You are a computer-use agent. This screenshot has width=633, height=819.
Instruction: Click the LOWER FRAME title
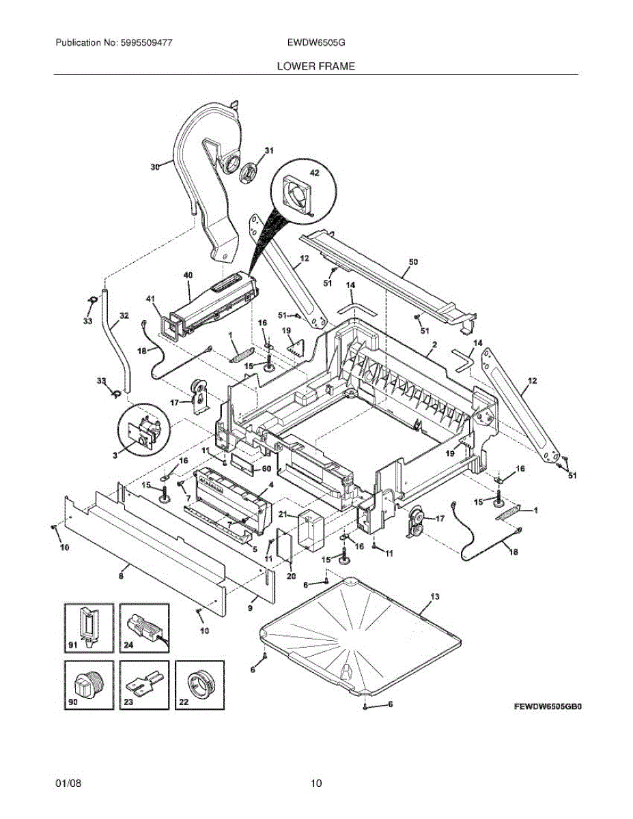[315, 66]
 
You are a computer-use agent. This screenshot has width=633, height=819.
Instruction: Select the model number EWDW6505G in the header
[316, 42]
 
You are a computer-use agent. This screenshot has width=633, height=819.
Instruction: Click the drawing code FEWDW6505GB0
[548, 707]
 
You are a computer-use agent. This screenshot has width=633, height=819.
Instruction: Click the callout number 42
[314, 173]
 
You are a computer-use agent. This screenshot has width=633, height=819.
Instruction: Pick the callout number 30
[155, 166]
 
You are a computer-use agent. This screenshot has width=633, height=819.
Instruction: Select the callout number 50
[412, 261]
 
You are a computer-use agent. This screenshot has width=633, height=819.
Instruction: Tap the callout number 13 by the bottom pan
[435, 596]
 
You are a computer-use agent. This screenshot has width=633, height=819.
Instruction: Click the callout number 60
[267, 468]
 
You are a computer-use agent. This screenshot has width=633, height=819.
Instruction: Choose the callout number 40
[188, 275]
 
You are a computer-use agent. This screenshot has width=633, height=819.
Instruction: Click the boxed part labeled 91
[88, 624]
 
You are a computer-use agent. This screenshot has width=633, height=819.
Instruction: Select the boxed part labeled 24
[144, 624]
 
